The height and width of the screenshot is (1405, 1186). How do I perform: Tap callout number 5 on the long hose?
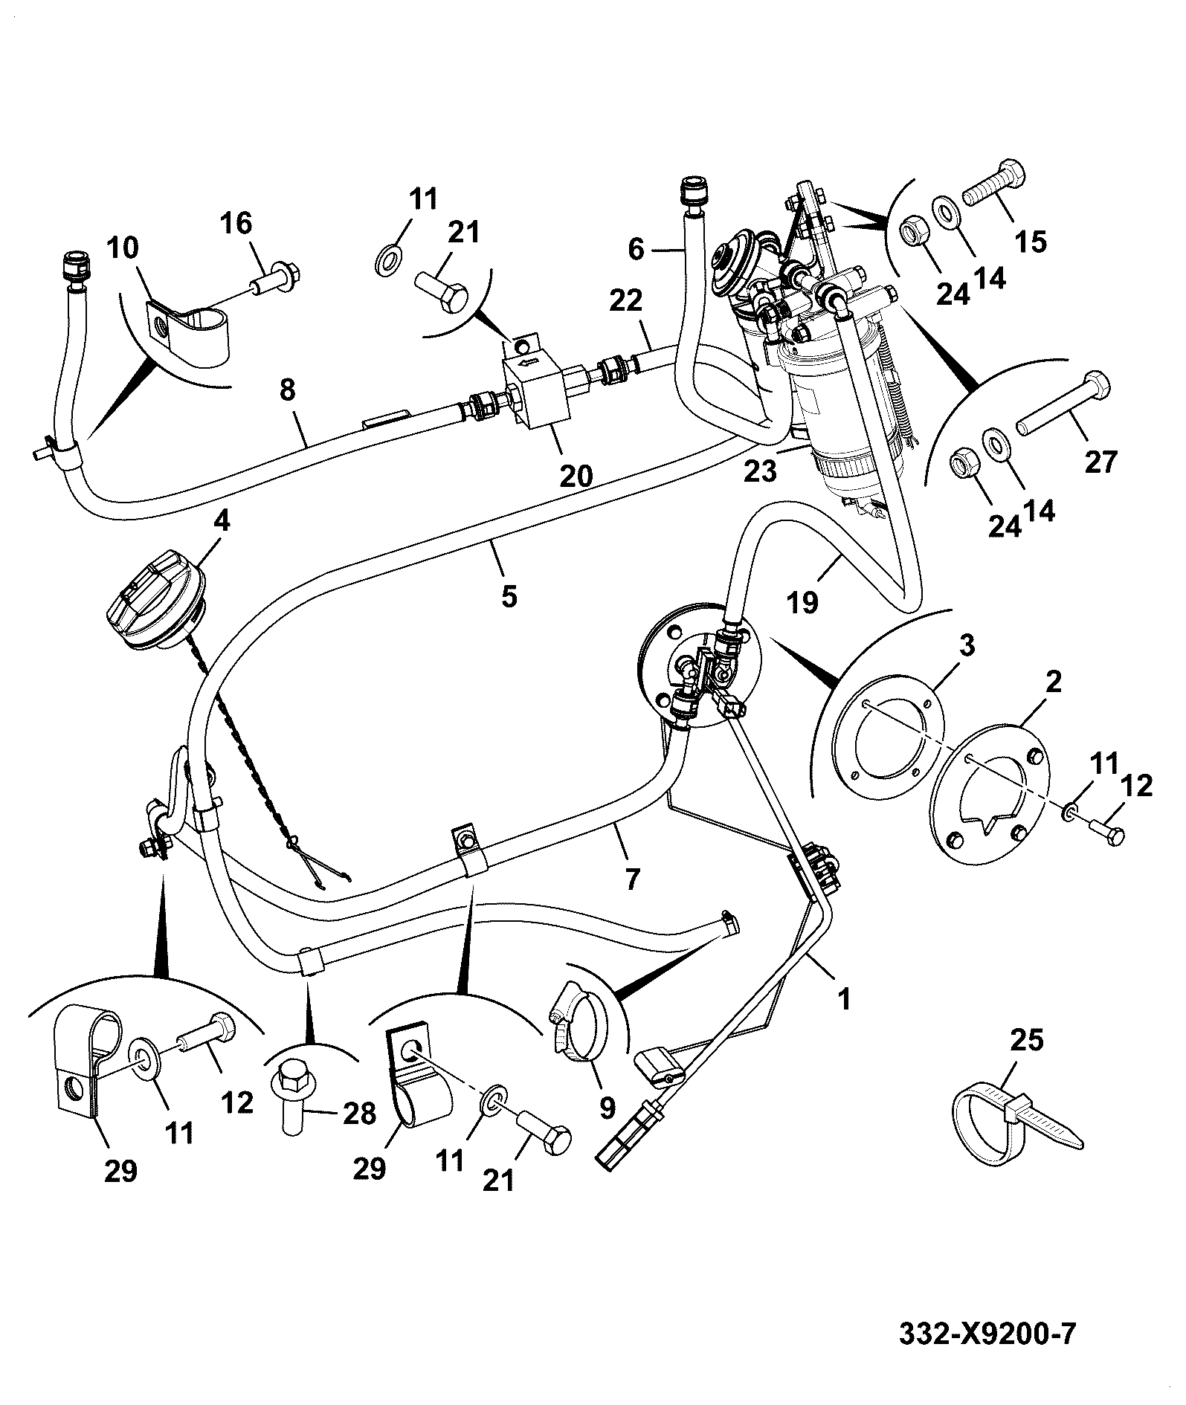pyautogui.click(x=509, y=595)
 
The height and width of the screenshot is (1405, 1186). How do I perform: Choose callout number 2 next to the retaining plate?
pyautogui.click(x=1055, y=682)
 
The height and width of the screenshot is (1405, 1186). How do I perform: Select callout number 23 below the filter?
pyautogui.click(x=761, y=471)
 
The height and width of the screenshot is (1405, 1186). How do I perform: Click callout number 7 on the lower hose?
pyautogui.click(x=631, y=879)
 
